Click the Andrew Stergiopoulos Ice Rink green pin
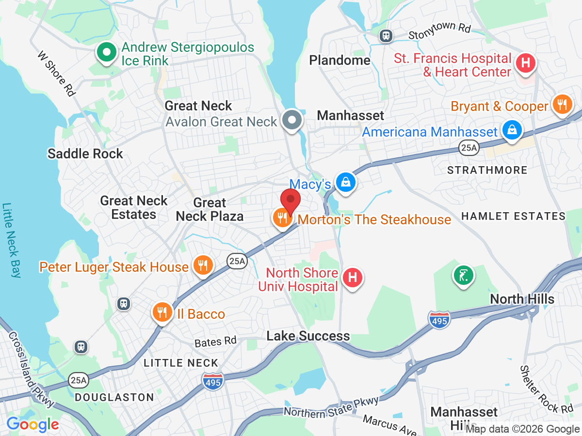[x=106, y=52]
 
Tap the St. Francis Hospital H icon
[x=525, y=63]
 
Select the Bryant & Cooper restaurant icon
[x=562, y=105]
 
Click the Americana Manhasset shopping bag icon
[x=512, y=130]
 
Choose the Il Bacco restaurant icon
[x=162, y=312]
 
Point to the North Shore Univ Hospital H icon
[x=353, y=278]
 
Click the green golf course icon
[x=463, y=276]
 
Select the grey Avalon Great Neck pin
[x=292, y=119]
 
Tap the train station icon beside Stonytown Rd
[x=386, y=35]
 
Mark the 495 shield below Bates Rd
[x=213, y=380]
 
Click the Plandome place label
[x=339, y=61]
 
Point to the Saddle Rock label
[x=85, y=154]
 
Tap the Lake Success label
[x=308, y=336]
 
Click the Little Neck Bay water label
[x=11, y=240]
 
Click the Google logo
[x=32, y=424]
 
